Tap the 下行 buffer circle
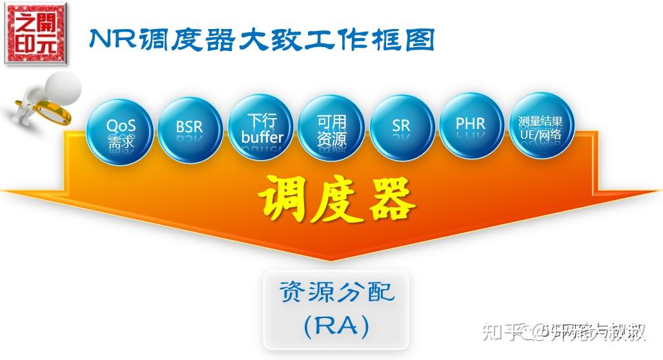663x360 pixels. (x=261, y=127)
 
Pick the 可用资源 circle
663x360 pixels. (x=331, y=128)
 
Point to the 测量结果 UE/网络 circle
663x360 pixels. (x=542, y=126)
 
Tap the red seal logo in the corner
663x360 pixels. (x=37, y=32)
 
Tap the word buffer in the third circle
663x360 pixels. (x=261, y=137)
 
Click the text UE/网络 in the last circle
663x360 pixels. (x=542, y=135)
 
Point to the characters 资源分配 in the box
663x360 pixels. (x=336, y=293)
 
